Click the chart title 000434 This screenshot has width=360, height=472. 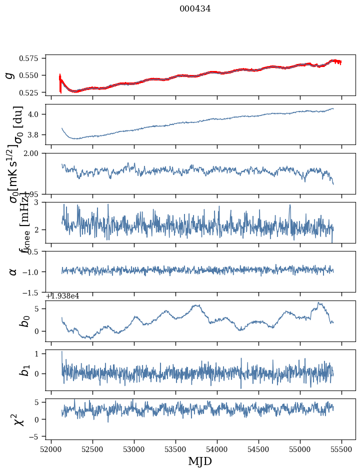(195, 8)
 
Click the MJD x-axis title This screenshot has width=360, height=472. (200, 461)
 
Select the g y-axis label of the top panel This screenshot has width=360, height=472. (9, 75)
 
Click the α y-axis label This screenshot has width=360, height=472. (13, 271)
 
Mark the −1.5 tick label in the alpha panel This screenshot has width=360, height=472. (33, 292)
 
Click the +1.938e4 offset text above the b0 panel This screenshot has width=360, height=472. (62, 296)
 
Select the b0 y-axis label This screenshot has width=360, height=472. (24, 321)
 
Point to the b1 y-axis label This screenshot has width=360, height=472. (24, 370)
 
